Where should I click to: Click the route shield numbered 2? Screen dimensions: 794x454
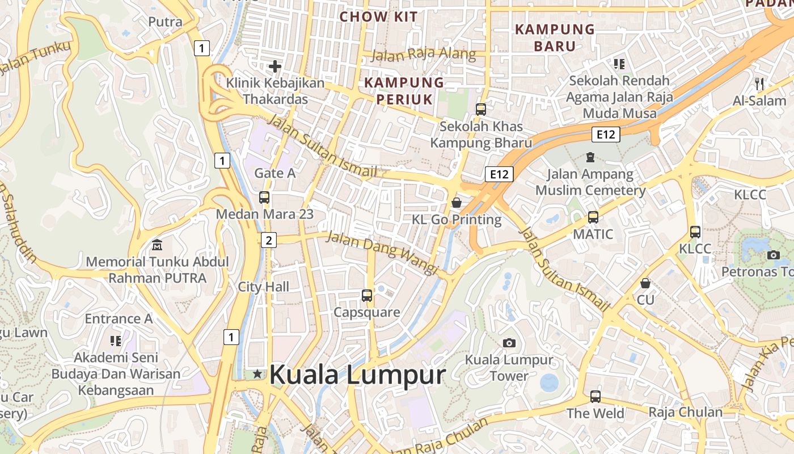coord(268,240)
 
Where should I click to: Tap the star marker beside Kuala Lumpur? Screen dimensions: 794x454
coord(258,374)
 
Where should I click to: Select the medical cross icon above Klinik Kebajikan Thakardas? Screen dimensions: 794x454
coord(275,66)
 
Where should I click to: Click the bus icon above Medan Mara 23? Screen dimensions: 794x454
coord(264,197)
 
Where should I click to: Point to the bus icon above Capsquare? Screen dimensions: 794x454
coord(367,295)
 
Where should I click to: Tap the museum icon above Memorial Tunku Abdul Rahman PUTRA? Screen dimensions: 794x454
coord(157,245)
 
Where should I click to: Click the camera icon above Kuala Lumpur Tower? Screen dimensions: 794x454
coord(509,343)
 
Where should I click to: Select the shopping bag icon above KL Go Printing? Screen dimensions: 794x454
coord(457,203)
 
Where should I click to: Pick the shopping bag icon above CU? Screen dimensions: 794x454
coord(645,283)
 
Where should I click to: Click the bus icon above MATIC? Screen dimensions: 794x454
coord(593,217)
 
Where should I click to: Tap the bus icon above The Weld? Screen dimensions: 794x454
coord(595,397)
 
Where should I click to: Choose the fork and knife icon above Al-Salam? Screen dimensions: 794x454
coord(759,84)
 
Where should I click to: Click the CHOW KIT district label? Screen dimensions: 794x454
coord(378,17)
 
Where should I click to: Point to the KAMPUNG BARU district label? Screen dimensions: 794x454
coord(555,37)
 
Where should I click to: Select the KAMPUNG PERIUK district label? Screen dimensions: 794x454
coord(404,91)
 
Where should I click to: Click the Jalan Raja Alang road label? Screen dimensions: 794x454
coord(424,54)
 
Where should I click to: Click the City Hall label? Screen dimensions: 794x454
coord(263,287)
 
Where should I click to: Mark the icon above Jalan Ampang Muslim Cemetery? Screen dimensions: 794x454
coord(590,157)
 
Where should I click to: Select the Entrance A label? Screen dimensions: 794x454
coord(119,318)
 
